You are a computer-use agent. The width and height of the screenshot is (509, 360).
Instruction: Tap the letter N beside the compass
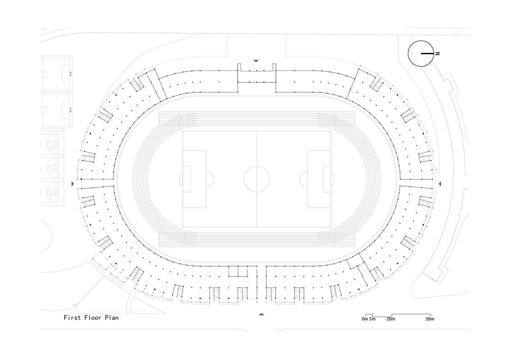click(437, 54)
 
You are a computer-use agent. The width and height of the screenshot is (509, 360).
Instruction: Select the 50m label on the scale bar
click(430, 319)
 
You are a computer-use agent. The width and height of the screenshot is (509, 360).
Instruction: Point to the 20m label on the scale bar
click(391, 319)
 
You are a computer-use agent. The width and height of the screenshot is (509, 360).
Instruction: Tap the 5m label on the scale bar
click(372, 319)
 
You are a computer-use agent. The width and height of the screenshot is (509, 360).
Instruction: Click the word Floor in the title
click(93, 318)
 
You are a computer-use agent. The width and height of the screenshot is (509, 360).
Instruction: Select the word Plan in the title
click(112, 318)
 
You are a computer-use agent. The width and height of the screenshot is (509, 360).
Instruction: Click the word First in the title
click(72, 318)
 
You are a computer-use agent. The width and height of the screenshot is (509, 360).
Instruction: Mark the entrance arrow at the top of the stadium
click(256, 61)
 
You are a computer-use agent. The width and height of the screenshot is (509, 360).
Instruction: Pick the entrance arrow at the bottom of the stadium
click(262, 314)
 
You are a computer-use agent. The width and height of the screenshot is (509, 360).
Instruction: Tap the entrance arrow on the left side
click(73, 184)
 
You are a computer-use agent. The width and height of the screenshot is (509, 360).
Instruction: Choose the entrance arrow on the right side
click(440, 184)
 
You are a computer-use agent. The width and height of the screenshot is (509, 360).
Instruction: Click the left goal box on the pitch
click(187, 179)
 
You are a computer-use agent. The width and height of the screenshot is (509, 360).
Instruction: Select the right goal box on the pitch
click(327, 179)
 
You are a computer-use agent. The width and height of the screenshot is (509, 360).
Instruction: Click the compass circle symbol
click(408, 54)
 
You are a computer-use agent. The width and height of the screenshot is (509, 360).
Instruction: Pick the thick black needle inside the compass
click(427, 54)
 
